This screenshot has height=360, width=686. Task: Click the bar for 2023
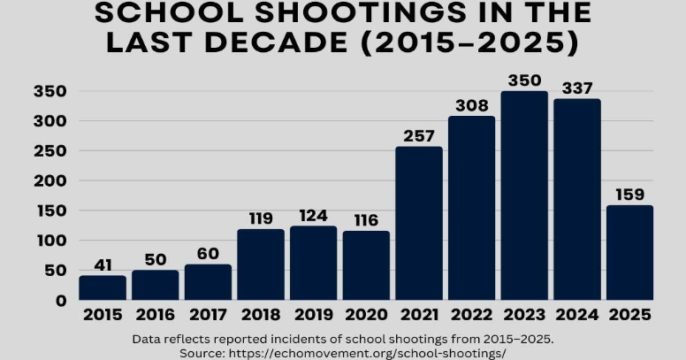point(524,195)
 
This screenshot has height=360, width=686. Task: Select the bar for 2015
point(103,287)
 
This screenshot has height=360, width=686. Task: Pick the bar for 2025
point(629,252)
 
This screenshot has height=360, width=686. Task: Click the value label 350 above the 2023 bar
point(524,80)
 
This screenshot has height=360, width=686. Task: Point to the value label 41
point(103,264)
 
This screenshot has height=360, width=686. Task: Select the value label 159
point(629,195)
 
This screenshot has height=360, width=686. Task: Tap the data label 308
point(471,106)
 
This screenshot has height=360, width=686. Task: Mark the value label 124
point(313,215)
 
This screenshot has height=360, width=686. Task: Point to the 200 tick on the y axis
point(50,181)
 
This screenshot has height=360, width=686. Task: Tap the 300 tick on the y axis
point(50,121)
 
